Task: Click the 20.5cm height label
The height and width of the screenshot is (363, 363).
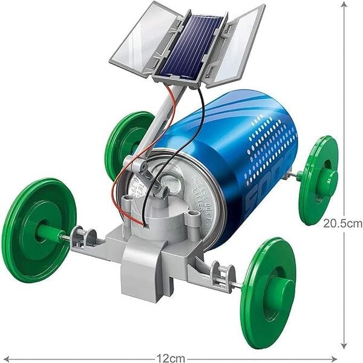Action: coord(342,223)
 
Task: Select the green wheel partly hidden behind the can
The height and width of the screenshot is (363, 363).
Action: coord(124,142)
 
